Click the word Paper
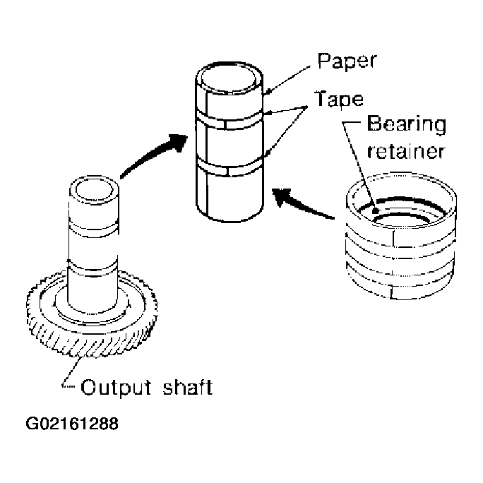(x=347, y=61)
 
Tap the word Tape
(x=339, y=99)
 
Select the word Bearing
(x=407, y=125)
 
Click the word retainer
(x=406, y=151)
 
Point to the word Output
(x=116, y=387)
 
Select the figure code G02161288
(x=72, y=424)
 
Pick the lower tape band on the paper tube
(x=229, y=167)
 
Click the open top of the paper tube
(x=229, y=78)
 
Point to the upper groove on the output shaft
(x=94, y=228)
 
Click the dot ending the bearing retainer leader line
(x=376, y=211)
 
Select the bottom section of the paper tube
(x=229, y=197)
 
